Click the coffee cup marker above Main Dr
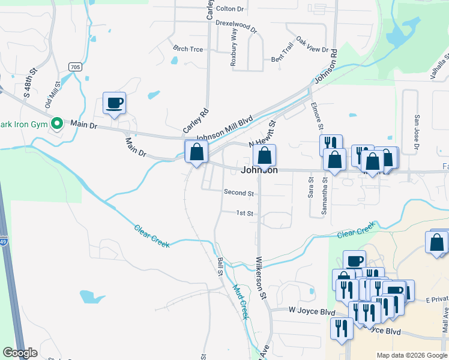point(114,103)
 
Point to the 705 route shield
point(74,67)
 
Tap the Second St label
point(239,193)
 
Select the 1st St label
point(244,213)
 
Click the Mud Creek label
point(240,302)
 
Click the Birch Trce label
point(188,49)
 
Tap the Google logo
point(20,353)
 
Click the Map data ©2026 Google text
point(411,355)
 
